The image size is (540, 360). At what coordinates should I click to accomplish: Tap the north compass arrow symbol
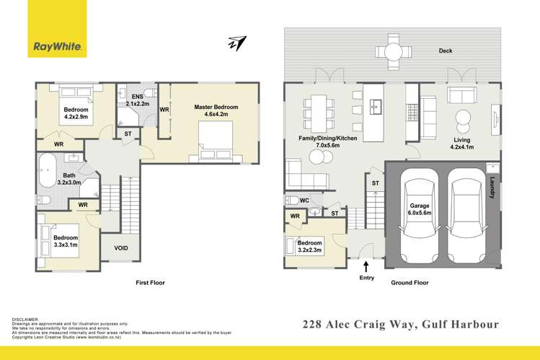pyautogui.click(x=236, y=45)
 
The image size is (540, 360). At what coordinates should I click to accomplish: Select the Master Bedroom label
pyautogui.click(x=216, y=110)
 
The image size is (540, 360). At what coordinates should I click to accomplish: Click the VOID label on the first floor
pyautogui.click(x=121, y=248)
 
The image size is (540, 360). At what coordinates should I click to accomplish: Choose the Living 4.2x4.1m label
pyautogui.click(x=462, y=144)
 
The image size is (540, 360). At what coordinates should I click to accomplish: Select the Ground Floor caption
pyautogui.click(x=410, y=284)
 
